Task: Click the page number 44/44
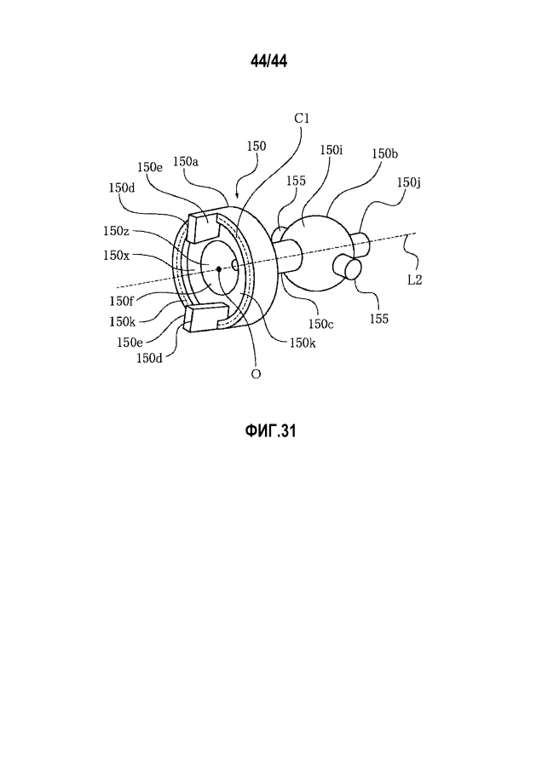click(268, 61)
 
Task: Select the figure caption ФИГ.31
click(270, 431)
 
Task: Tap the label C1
click(302, 118)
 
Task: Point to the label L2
click(414, 280)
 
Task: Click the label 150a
click(186, 161)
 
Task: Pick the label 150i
click(332, 150)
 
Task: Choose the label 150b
click(384, 153)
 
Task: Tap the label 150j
click(409, 183)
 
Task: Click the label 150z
click(116, 230)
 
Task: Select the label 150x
click(116, 255)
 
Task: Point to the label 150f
click(120, 302)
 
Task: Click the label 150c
click(321, 324)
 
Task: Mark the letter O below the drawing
click(256, 374)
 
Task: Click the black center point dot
click(219, 268)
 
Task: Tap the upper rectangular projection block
click(201, 227)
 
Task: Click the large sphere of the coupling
click(318, 253)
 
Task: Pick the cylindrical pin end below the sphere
click(348, 268)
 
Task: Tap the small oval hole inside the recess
click(235, 265)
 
